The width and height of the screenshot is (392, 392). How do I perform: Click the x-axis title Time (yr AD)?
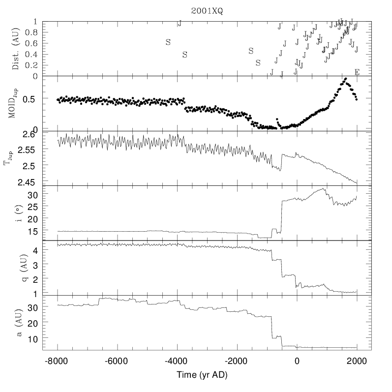pos(207,375)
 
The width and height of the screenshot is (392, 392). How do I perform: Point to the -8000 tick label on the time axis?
pos(58,360)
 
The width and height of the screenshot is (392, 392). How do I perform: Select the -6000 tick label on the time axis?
pos(117,360)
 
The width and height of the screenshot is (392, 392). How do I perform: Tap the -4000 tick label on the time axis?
pos(177,360)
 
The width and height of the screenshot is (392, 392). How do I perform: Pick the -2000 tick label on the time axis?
pos(237,360)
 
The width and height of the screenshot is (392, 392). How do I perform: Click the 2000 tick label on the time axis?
pos(357,360)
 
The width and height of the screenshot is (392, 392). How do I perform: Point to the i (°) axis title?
pos(16,213)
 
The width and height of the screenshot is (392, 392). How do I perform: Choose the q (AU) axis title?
pos(16,268)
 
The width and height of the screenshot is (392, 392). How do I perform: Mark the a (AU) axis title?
pos(16,322)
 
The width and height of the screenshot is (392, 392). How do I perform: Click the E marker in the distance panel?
pos(357,72)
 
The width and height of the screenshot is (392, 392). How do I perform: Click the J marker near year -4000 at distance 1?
pos(180,23)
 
